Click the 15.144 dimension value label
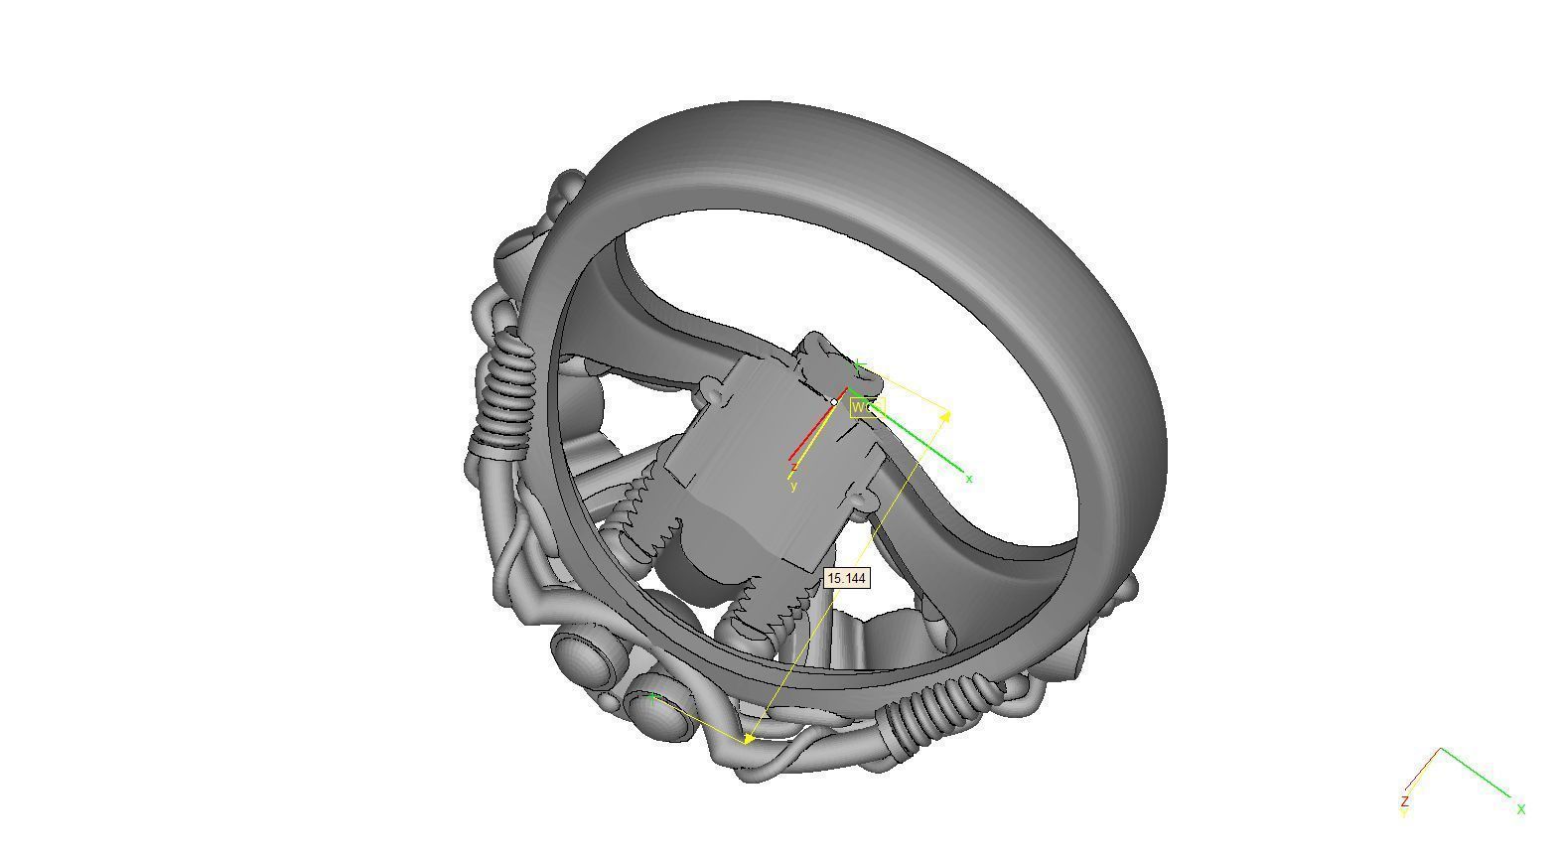point(846,578)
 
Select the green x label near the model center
point(969,479)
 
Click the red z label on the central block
point(794,466)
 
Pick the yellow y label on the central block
point(793,486)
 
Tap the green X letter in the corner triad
point(1520,809)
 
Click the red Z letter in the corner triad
point(1405,800)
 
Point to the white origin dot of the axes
point(834,402)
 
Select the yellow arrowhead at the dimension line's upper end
point(945,415)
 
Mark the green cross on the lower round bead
point(652,700)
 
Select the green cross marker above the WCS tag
point(860,366)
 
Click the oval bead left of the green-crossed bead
point(583,659)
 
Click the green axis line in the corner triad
point(1476,772)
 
